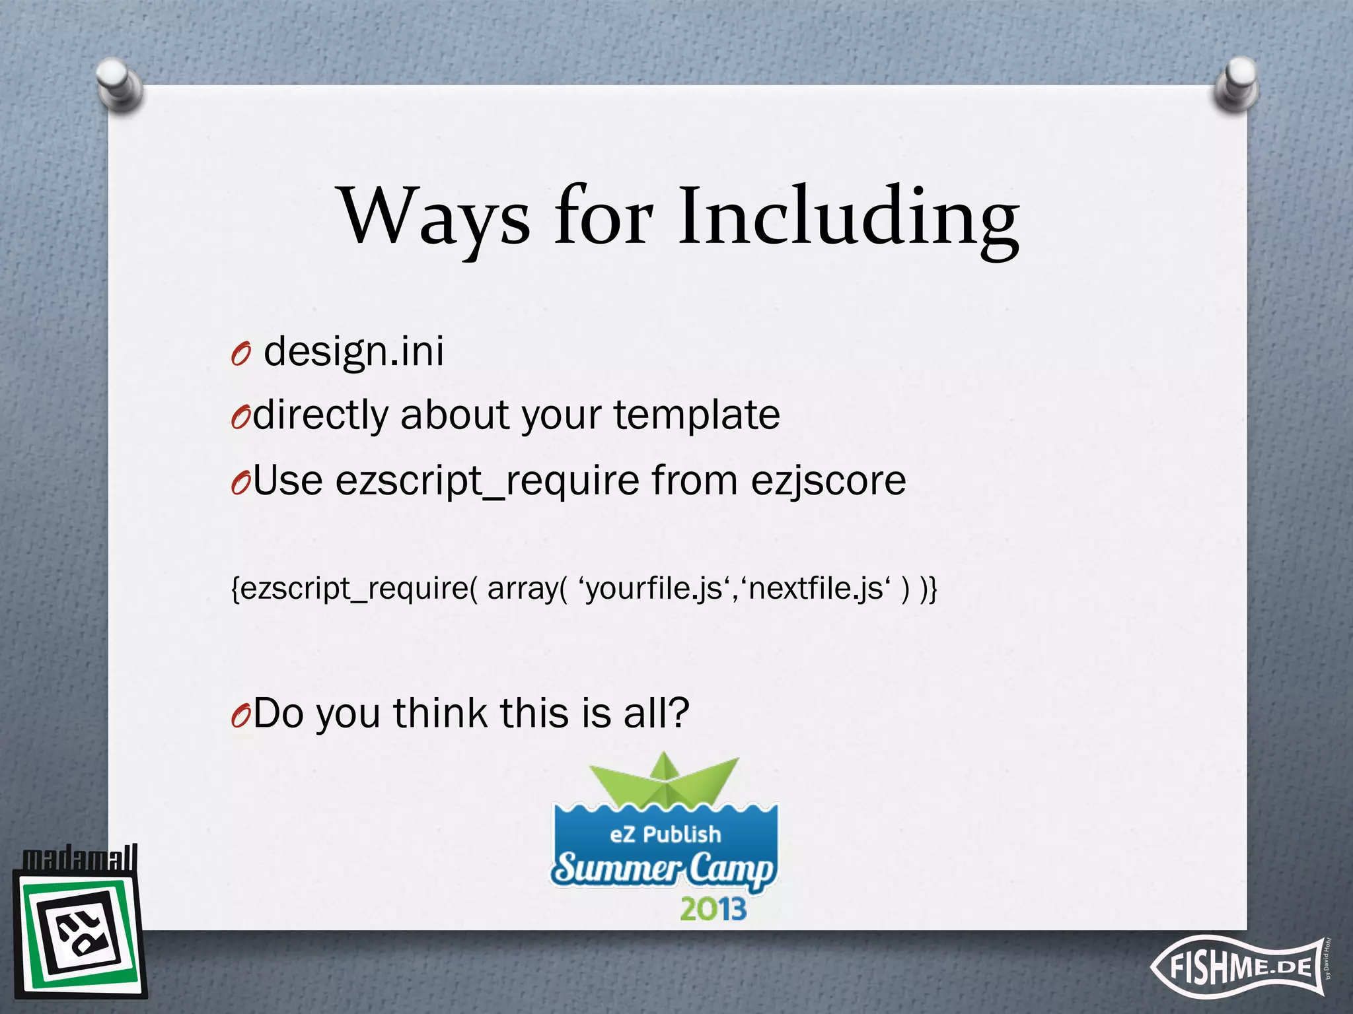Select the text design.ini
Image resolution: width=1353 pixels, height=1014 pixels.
[x=353, y=352]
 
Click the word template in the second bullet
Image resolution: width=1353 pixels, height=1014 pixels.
[x=696, y=415]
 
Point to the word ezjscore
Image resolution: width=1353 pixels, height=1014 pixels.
[x=828, y=481]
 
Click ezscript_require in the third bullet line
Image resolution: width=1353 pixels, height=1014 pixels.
[x=488, y=481]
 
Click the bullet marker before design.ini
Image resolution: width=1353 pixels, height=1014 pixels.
[x=240, y=355]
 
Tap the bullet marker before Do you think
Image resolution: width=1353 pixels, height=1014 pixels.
[x=240, y=717]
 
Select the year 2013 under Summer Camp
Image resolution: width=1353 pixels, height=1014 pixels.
[x=713, y=910]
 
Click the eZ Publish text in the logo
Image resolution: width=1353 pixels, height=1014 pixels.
[x=665, y=834]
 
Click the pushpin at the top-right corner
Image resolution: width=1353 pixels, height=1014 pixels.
[x=1235, y=84]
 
